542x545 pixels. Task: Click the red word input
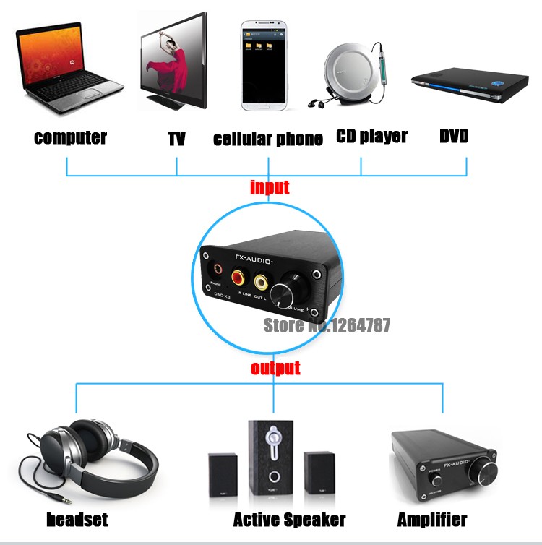click(270, 188)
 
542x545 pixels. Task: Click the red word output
click(275, 369)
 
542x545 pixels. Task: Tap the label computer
click(70, 137)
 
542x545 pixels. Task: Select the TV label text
click(177, 139)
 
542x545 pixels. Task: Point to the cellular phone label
click(268, 139)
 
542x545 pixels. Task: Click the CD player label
click(372, 136)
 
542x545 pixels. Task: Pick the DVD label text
click(455, 136)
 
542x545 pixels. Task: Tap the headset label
click(77, 519)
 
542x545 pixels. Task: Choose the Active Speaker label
click(289, 519)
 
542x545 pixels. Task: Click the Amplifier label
click(432, 519)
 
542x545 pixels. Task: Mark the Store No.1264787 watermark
click(326, 325)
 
